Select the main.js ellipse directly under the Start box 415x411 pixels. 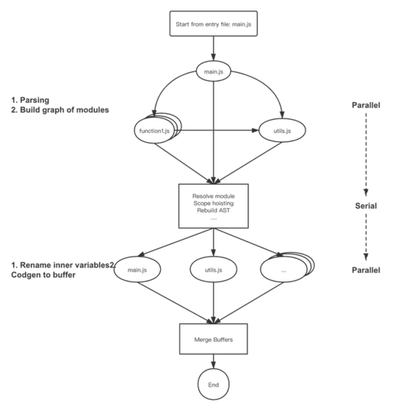[213, 72]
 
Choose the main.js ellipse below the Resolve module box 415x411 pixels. [138, 269]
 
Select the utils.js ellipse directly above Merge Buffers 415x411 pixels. [213, 269]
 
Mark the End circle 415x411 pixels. [213, 385]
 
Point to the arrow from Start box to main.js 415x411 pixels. [213, 51]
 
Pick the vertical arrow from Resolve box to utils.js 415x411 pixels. [213, 241]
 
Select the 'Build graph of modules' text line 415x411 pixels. [60, 110]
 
